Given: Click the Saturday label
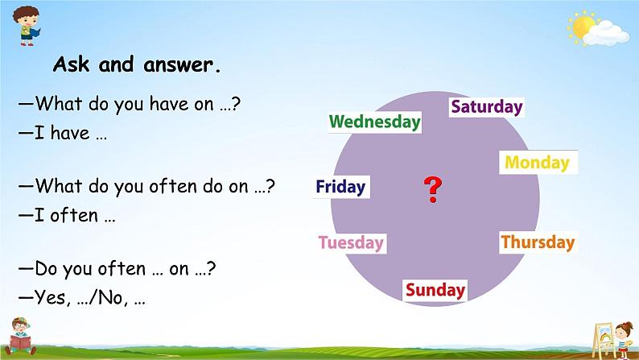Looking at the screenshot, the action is (x=487, y=107).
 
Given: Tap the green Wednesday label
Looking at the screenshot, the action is (x=375, y=122).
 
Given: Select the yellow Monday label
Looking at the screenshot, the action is (x=538, y=162).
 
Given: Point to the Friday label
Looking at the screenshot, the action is (x=340, y=187).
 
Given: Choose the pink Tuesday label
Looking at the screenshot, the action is (x=351, y=243).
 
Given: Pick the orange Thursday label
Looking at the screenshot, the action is (x=538, y=242).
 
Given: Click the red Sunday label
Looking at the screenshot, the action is (x=435, y=290).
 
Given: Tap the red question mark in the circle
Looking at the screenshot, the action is (x=433, y=189).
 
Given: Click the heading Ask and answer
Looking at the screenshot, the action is (x=137, y=64).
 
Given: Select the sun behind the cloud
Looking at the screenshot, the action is (x=582, y=27).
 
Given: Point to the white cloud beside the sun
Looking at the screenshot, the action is (x=606, y=34).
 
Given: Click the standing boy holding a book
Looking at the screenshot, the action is (x=27, y=26).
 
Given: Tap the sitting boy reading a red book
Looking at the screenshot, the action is (x=19, y=337).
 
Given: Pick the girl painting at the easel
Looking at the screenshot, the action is (x=623, y=341).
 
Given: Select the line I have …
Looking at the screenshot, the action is (x=62, y=133).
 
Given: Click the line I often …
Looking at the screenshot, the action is (x=67, y=215).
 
